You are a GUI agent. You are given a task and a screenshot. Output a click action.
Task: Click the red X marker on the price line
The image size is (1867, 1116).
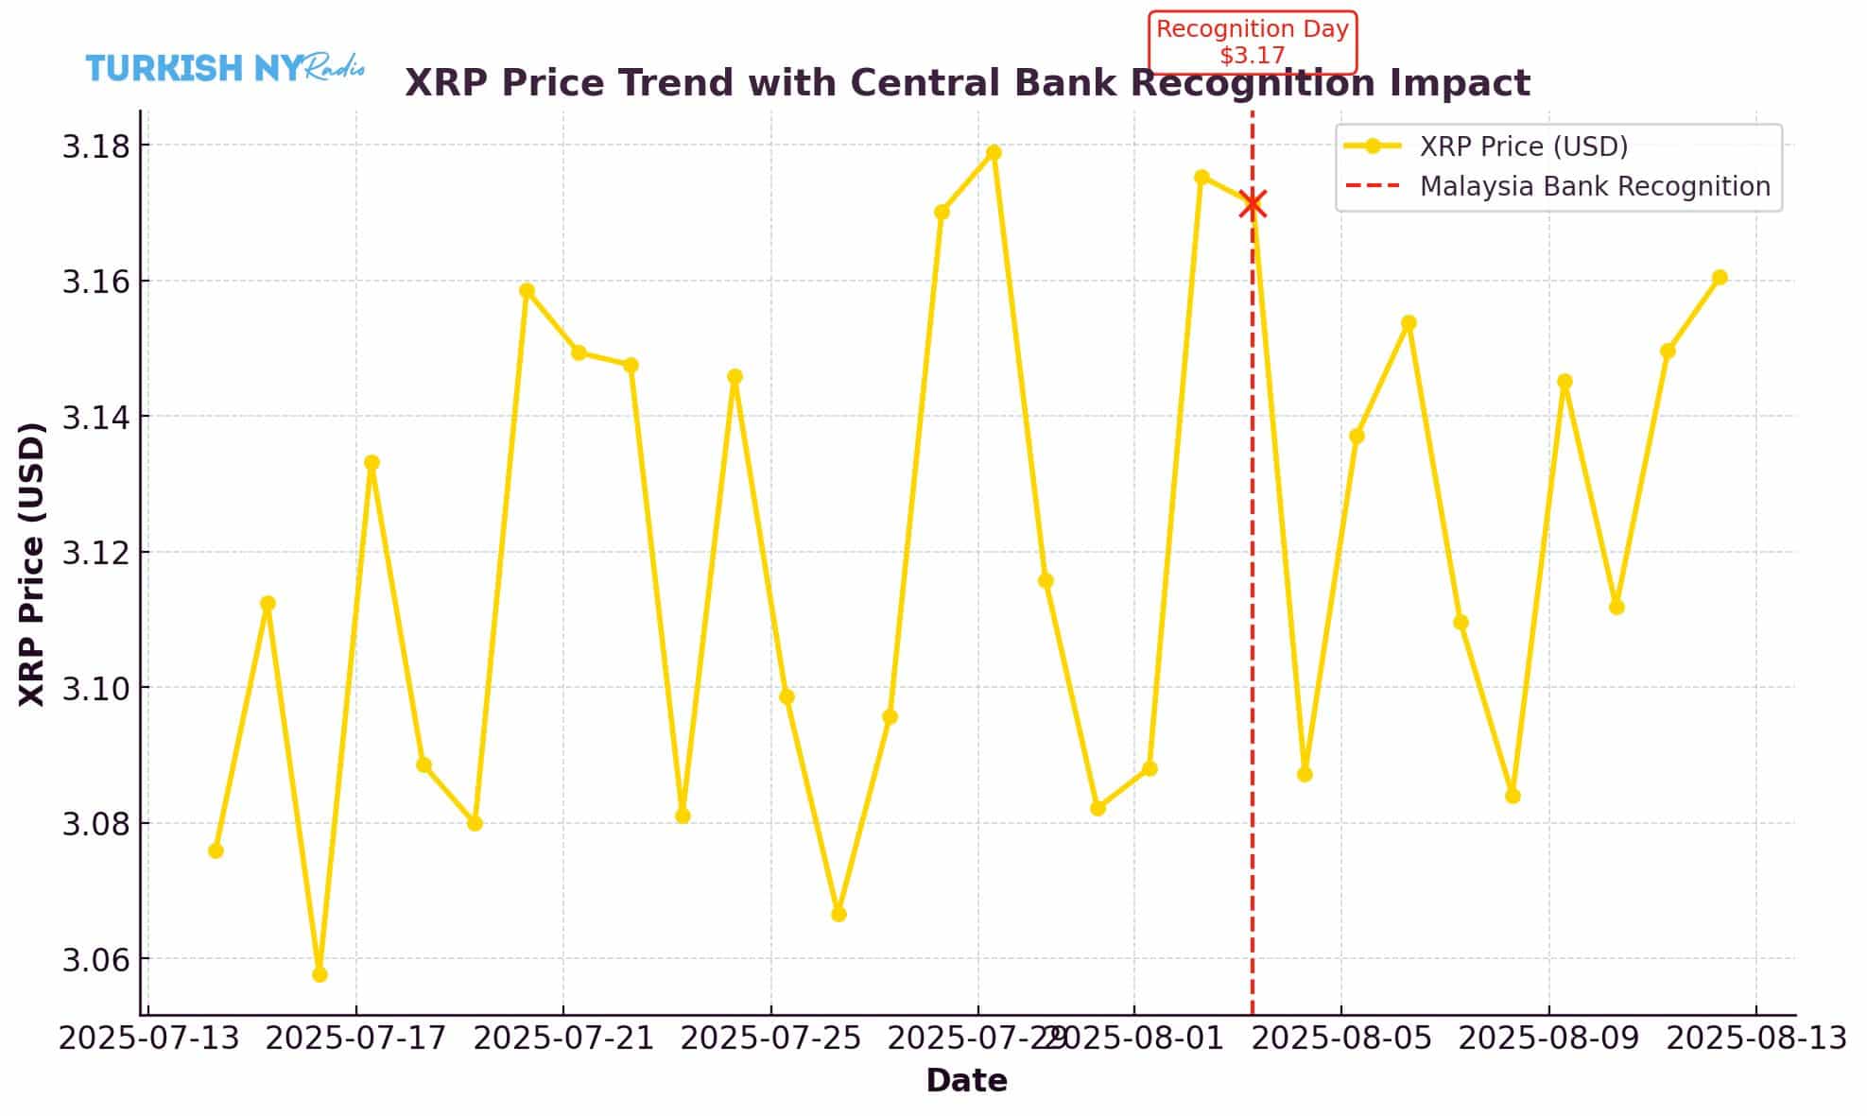click(1253, 203)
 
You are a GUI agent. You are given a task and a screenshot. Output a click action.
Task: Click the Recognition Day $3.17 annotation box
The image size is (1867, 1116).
click(1253, 43)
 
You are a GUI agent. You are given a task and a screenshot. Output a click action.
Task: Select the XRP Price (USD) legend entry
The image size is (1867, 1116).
click(1523, 146)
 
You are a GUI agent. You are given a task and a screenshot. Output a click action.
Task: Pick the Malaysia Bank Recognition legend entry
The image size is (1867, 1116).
click(1595, 186)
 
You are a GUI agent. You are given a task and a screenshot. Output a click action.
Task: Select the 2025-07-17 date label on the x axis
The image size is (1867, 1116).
click(355, 1039)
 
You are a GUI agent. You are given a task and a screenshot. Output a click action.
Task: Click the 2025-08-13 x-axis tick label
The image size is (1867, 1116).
click(1755, 1039)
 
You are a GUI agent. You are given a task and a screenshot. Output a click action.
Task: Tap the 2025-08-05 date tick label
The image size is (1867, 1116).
click(1340, 1039)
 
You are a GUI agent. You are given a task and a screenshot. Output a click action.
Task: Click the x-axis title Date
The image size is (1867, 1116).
click(966, 1080)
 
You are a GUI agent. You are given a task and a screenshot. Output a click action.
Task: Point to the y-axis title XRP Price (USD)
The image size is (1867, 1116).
click(32, 563)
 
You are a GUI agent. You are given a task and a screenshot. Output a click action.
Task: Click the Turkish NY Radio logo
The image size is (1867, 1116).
click(225, 68)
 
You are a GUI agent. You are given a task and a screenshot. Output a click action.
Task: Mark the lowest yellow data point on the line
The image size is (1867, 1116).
click(320, 974)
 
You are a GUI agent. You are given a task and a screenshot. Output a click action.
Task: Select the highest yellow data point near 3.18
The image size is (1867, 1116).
click(994, 152)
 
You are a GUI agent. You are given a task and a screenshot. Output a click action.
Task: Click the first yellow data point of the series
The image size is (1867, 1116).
click(216, 850)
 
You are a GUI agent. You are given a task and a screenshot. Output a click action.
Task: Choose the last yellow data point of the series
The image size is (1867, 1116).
click(1720, 278)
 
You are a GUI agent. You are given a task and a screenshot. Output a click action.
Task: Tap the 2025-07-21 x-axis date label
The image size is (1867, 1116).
click(563, 1039)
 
